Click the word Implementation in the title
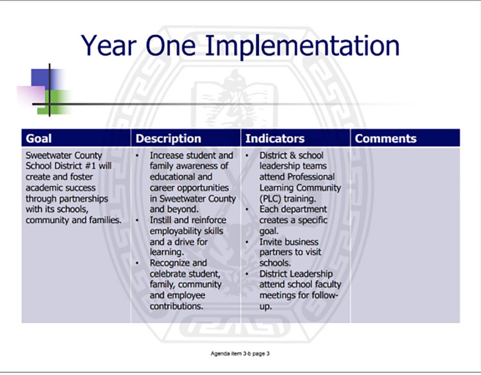click(x=303, y=46)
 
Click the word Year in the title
click(x=109, y=46)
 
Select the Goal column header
click(x=39, y=139)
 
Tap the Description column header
click(x=168, y=139)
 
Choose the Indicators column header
click(x=275, y=139)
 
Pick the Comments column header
click(x=386, y=139)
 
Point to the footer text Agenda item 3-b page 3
click(x=240, y=353)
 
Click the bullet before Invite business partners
click(x=248, y=242)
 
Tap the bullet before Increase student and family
click(x=138, y=155)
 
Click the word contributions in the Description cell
click(x=176, y=306)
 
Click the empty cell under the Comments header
click(x=405, y=234)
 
